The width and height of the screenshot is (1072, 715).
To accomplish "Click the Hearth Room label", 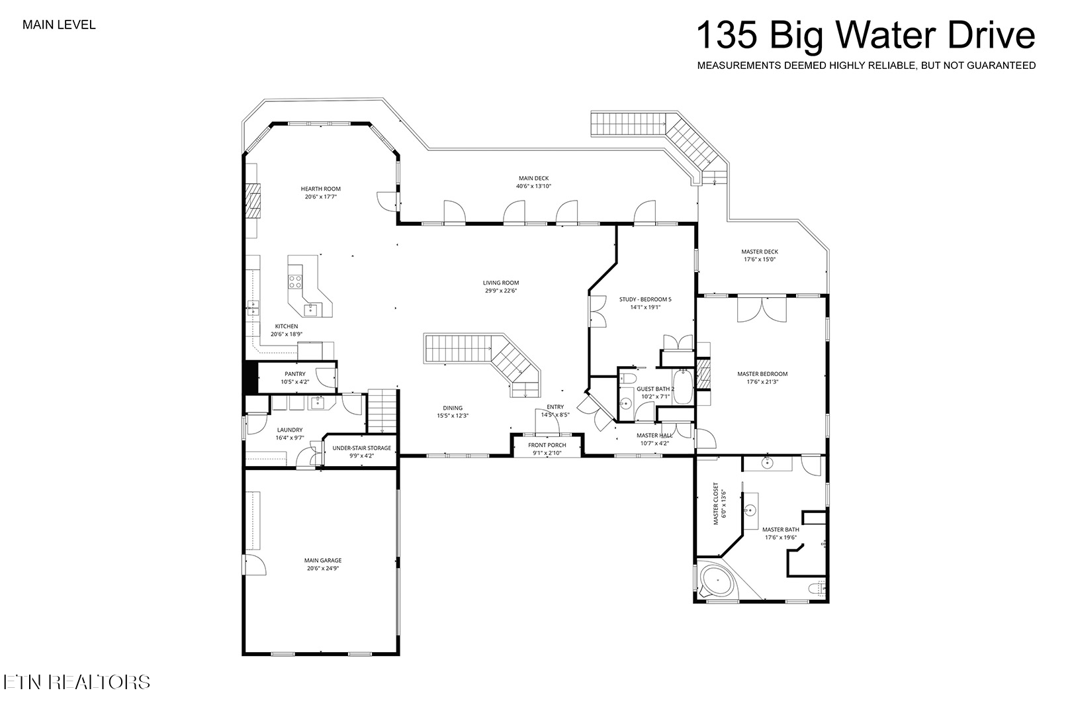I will (x=320, y=189).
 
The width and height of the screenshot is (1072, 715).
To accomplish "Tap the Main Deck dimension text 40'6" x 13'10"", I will (x=533, y=187).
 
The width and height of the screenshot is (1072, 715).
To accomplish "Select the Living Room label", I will (x=501, y=283).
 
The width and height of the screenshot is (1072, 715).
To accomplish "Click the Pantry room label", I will (x=295, y=374).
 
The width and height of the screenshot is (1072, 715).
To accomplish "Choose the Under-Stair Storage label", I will (x=361, y=448).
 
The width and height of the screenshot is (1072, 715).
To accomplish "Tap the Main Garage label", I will (x=324, y=561).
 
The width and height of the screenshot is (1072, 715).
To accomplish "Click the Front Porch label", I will (x=547, y=445).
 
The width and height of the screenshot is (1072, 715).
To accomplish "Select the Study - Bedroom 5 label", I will (x=645, y=299).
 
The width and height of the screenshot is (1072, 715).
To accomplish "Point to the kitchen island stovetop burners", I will (x=295, y=281).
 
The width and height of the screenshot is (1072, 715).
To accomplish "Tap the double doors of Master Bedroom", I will (x=762, y=309).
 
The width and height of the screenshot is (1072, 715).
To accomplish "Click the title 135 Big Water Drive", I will (x=866, y=35).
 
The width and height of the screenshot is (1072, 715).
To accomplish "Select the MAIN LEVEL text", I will (x=59, y=25).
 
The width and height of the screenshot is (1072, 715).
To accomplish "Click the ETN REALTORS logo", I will (x=76, y=682).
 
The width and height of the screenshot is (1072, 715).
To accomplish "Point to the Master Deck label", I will (x=760, y=252).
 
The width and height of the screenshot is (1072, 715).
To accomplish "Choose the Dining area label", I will (x=453, y=408).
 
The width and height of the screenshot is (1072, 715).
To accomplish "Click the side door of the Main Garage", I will (x=255, y=565).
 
